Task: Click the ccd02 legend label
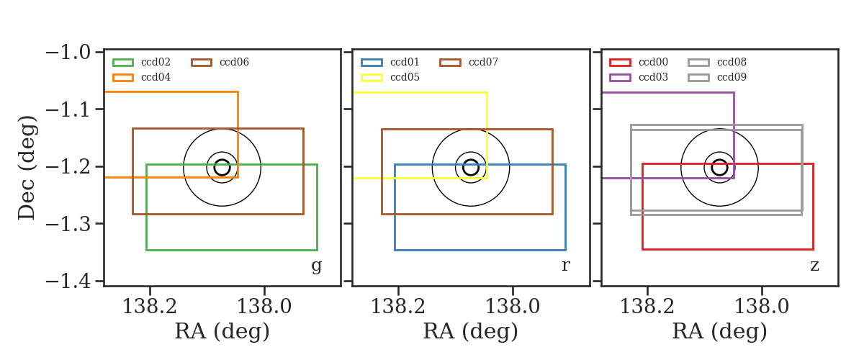[156, 62]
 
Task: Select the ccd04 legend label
[156, 77]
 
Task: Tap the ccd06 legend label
[234, 62]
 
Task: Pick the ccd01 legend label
[405, 62]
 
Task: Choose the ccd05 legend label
[405, 77]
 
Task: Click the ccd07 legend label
[483, 62]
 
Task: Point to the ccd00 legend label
[653, 62]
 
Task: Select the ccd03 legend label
[653, 77]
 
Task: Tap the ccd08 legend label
[732, 62]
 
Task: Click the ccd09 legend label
[732, 77]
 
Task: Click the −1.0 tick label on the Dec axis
[68, 52]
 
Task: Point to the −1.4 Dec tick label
[68, 281]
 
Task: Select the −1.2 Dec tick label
[68, 167]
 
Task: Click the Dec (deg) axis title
[27, 168]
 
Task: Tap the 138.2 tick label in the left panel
[149, 307]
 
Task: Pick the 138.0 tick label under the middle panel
[512, 307]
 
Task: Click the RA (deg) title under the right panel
[719, 332]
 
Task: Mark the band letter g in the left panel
[316, 266]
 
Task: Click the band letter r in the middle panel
[565, 266]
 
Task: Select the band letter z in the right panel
[814, 266]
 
